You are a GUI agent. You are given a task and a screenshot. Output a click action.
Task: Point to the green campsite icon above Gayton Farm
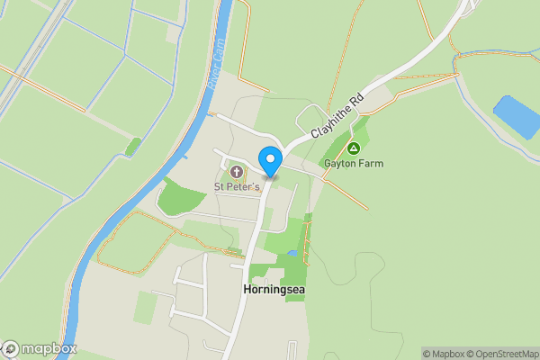(x=354, y=148)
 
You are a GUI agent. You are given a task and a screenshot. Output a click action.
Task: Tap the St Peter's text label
(x=237, y=186)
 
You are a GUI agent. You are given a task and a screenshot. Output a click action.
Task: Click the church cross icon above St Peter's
(x=238, y=172)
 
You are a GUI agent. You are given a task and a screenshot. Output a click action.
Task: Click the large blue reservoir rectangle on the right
(x=516, y=116)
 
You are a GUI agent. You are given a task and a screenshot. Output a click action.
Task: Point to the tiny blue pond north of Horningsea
(x=292, y=255)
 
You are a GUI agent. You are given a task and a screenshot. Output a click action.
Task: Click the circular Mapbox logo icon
(x=12, y=349)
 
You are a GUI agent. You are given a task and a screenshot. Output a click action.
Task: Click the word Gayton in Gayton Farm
(x=341, y=164)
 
